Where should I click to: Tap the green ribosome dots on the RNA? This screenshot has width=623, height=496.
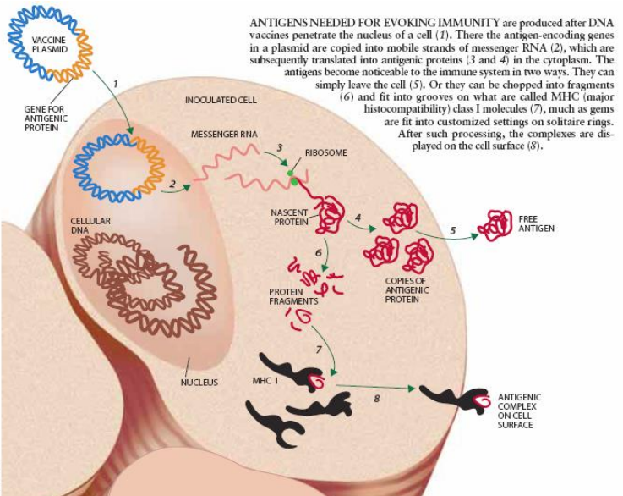(x=292, y=177)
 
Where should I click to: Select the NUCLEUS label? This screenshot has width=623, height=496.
(x=199, y=382)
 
